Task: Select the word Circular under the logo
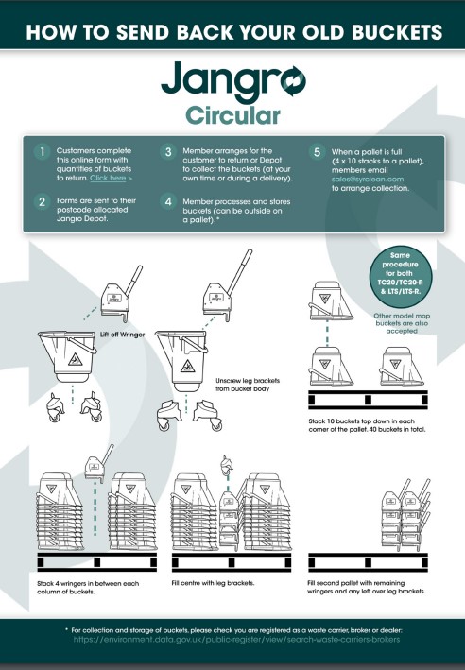(x=232, y=115)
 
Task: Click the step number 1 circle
(x=42, y=152)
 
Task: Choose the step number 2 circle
(x=42, y=201)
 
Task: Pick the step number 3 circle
(x=168, y=152)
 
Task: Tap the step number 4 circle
(x=168, y=201)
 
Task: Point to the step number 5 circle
(x=317, y=152)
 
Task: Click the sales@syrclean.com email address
(x=368, y=179)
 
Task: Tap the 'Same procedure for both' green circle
(x=401, y=277)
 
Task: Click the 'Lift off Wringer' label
(x=122, y=335)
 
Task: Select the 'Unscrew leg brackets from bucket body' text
(x=248, y=385)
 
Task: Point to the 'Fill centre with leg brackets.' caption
(x=213, y=583)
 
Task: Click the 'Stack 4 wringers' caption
(x=88, y=588)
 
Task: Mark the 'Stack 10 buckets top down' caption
(x=367, y=425)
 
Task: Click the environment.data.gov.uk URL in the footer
(x=237, y=640)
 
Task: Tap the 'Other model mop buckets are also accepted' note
(x=402, y=323)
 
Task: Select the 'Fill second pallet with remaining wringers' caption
(x=367, y=587)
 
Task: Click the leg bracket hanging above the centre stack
(x=227, y=464)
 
